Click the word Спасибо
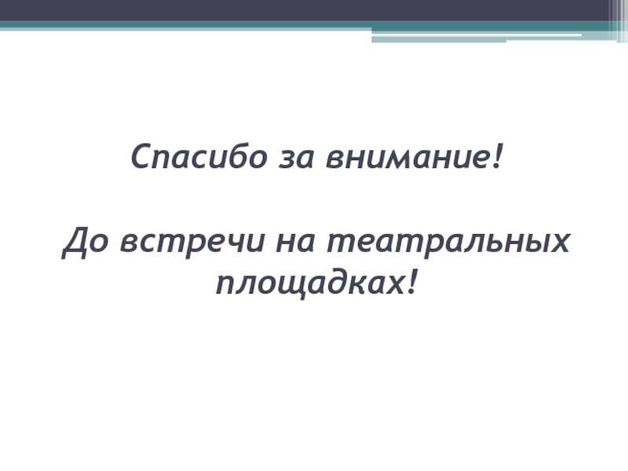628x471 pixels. click(199, 156)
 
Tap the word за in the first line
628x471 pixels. click(296, 159)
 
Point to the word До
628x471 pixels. click(85, 243)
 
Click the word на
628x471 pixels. click(295, 243)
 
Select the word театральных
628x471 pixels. click(447, 243)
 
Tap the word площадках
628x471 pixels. click(310, 283)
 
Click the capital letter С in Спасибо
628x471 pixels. click(141, 156)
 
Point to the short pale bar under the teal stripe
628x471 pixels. click(439, 39)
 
